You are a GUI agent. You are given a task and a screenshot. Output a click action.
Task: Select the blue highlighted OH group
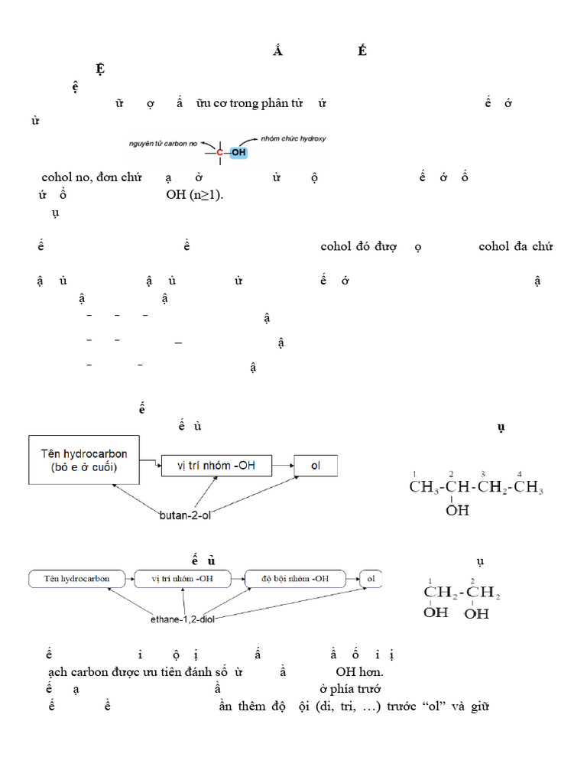(x=239, y=153)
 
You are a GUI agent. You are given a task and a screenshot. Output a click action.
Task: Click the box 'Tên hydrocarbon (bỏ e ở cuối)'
(x=85, y=460)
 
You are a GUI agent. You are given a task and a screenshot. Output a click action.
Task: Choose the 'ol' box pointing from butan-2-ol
(x=316, y=465)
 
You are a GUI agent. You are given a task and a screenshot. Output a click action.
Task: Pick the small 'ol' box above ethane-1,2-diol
(x=371, y=579)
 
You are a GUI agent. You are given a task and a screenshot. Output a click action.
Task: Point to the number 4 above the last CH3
(x=520, y=473)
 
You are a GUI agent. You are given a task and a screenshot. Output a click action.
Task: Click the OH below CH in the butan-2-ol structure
(x=457, y=509)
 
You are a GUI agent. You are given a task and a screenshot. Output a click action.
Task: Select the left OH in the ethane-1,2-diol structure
(x=436, y=612)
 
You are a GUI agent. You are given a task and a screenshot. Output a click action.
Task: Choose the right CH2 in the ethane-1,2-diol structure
(x=484, y=593)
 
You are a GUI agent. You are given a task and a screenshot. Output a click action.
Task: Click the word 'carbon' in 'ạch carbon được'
(x=96, y=671)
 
